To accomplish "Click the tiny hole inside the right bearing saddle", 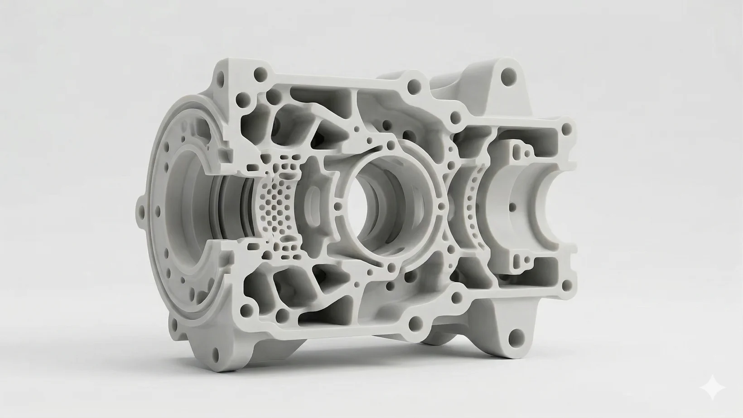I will click(x=513, y=207).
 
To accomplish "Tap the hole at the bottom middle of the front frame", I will click(x=415, y=323).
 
